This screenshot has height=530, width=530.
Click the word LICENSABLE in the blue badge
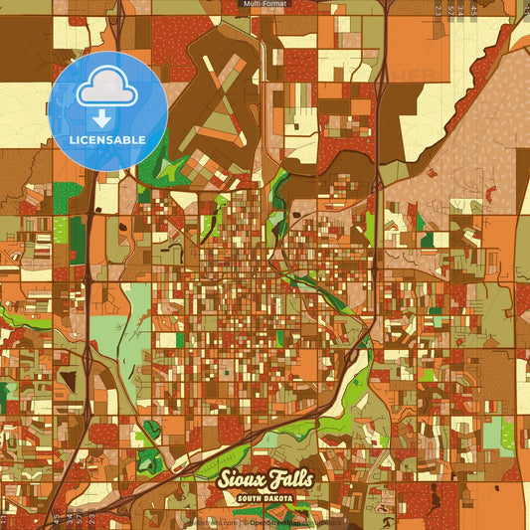[107, 139]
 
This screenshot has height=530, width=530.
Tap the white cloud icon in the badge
[108, 89]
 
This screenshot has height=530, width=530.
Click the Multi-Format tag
[265, 5]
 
